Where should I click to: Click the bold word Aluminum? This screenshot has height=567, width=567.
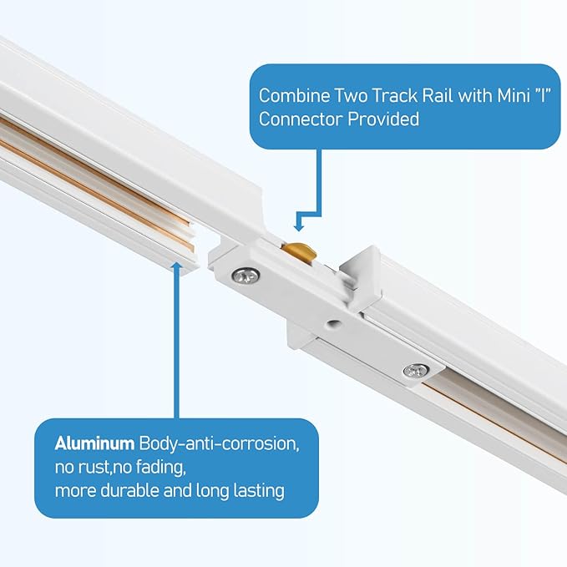pyautogui.click(x=94, y=442)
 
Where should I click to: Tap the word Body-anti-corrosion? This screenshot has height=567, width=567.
pyautogui.click(x=220, y=442)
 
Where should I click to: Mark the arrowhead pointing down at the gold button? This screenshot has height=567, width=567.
pyautogui.click(x=299, y=224)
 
